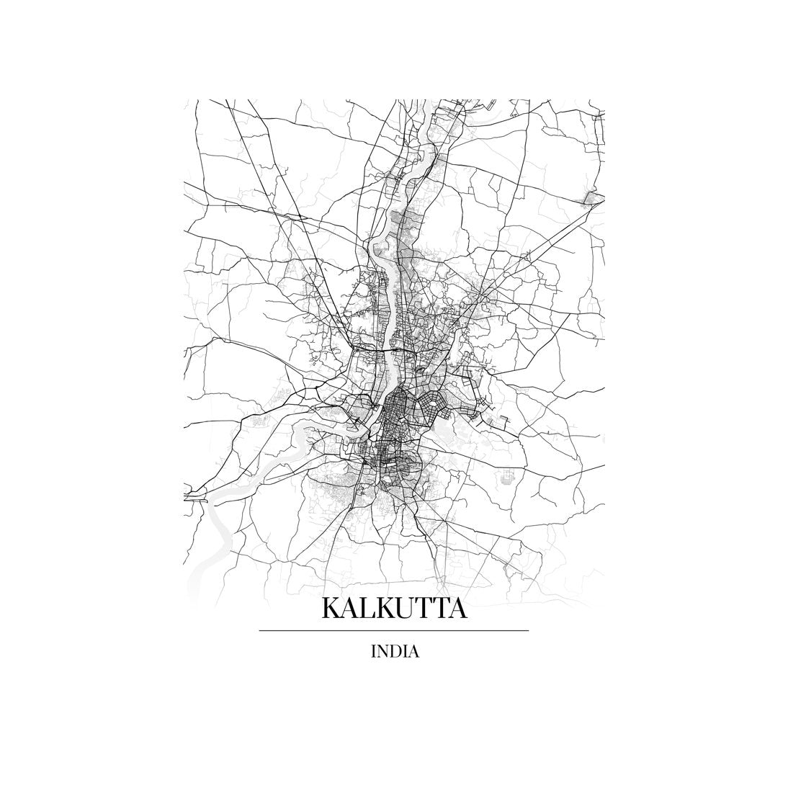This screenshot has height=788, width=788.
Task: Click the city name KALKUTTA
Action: (393, 609)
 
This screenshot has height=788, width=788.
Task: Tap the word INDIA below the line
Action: (394, 652)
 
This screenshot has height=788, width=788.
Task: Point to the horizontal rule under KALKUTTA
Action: (393, 630)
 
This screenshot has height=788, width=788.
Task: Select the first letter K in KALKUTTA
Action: (331, 609)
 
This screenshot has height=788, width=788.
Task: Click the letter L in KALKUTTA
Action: (370, 609)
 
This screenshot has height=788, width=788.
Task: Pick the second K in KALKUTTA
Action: (389, 609)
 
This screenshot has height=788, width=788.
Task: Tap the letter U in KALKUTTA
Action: (411, 609)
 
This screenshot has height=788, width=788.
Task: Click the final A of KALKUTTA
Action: (460, 609)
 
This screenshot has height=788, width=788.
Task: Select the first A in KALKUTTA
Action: (352, 609)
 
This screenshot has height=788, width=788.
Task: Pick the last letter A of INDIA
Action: (413, 652)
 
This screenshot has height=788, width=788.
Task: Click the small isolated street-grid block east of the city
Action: (507, 476)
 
